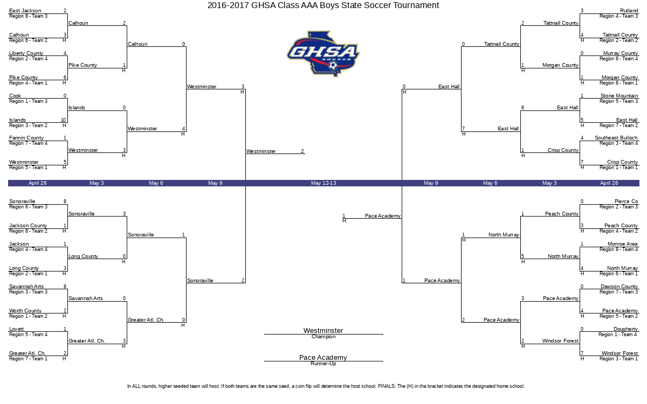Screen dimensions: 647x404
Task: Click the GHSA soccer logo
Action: (323, 54)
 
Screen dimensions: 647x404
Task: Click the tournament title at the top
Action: (323, 5)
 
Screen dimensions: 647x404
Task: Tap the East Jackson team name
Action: (25, 11)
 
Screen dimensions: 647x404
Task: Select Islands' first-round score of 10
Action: (64, 120)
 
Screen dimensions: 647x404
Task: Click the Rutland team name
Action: (629, 11)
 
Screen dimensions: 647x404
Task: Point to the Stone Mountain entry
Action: (619, 95)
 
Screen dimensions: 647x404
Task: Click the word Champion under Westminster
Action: (323, 337)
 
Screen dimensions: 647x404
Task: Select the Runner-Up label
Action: (323, 364)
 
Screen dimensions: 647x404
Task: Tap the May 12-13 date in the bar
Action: (323, 183)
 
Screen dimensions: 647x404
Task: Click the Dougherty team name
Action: (625, 329)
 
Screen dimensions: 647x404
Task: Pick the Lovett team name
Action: (17, 329)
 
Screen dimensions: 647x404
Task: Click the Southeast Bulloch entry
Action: (616, 138)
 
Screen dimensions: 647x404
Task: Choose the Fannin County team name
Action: (26, 138)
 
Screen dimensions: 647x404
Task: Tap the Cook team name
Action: (15, 95)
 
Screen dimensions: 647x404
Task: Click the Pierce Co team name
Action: (626, 201)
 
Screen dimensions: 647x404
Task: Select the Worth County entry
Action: (25, 310)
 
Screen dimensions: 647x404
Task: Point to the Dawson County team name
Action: (619, 286)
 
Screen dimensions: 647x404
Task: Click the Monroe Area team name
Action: (622, 244)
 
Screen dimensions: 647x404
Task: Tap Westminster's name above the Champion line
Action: (323, 330)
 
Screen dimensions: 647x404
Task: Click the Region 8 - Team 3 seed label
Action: (28, 16)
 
